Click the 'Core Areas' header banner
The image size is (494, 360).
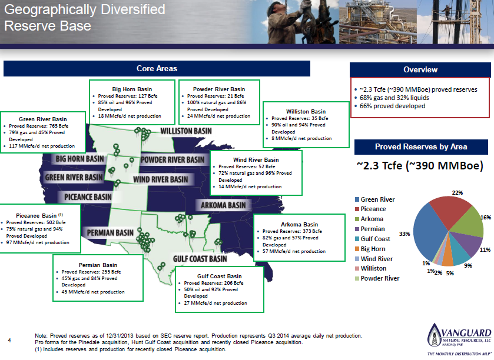[x=157, y=69]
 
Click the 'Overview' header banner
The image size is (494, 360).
[x=420, y=69]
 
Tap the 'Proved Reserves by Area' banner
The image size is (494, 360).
[x=420, y=146]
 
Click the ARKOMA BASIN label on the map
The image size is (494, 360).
[x=223, y=205]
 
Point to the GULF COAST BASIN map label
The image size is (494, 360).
[x=199, y=259]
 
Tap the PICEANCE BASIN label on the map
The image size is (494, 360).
[x=88, y=196]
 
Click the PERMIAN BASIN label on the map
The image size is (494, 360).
[x=110, y=232]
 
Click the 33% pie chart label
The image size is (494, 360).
[x=405, y=234]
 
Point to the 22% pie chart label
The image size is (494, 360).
[x=457, y=192]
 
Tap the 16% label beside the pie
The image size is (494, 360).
[x=485, y=217]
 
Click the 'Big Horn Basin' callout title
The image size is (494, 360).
[x=132, y=89]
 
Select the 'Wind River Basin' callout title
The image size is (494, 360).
[x=256, y=159]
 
